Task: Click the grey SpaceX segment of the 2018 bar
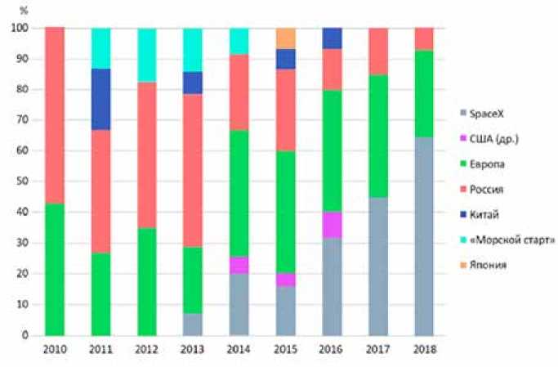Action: coord(424,237)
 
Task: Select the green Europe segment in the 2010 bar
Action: coord(54,270)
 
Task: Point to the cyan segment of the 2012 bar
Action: coord(146,55)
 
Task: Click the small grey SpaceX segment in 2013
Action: coord(193,324)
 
